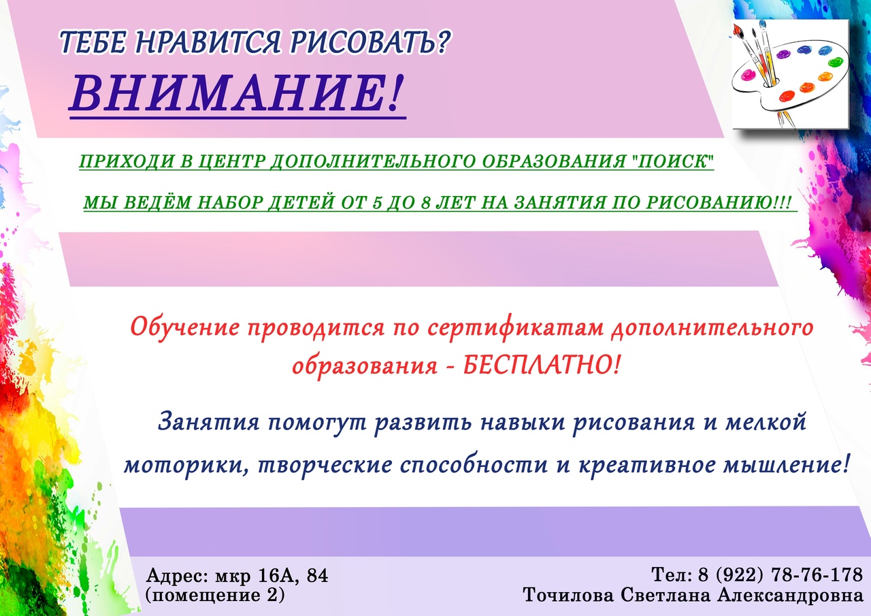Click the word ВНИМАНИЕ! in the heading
pyautogui.click(x=237, y=93)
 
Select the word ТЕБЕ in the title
pyautogui.click(x=93, y=42)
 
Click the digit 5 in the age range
pyautogui.click(x=376, y=203)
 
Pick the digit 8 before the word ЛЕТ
pyautogui.click(x=425, y=203)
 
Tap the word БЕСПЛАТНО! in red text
pyautogui.click(x=541, y=366)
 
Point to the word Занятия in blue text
pyautogui.click(x=209, y=422)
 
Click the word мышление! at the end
pyautogui.click(x=785, y=465)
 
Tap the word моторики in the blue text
pyautogui.click(x=186, y=466)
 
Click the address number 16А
pyautogui.click(x=279, y=576)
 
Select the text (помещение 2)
pyautogui.click(x=215, y=596)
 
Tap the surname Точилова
pyautogui.click(x=568, y=596)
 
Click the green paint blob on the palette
pyautogui.click(x=835, y=62)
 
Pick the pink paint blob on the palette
pyautogui.click(x=747, y=75)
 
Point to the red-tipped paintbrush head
pyautogui.click(x=736, y=31)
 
